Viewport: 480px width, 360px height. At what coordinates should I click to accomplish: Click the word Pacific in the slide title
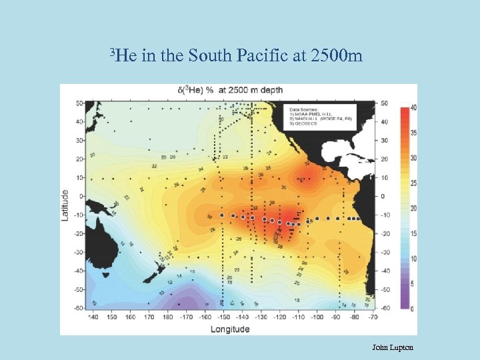pyautogui.click(x=261, y=55)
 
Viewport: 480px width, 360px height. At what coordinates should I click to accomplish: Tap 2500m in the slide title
pyautogui.click(x=337, y=55)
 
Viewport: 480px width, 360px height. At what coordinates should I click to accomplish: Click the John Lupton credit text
pyautogui.click(x=393, y=347)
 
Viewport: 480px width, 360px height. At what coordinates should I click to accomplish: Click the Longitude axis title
pyautogui.click(x=230, y=329)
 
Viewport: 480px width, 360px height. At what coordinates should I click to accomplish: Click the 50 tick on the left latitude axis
pyautogui.click(x=79, y=103)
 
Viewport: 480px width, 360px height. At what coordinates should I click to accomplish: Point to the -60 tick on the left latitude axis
pyautogui.click(x=78, y=308)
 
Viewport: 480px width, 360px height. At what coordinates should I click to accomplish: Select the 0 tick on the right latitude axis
pyautogui.click(x=382, y=197)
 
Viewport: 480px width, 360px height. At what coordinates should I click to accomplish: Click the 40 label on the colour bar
pyautogui.click(x=413, y=108)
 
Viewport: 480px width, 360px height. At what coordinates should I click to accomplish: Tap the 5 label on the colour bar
pyautogui.click(x=413, y=284)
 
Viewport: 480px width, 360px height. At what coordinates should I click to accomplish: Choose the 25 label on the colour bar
pyautogui.click(x=413, y=183)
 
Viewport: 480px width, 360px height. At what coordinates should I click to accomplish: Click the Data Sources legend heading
pyautogui.click(x=304, y=108)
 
